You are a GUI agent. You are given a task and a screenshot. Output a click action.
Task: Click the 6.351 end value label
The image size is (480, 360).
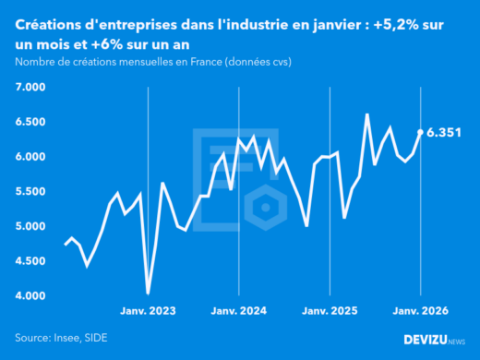[x=444, y=133]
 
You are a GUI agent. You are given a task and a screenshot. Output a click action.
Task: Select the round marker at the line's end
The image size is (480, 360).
[x=421, y=132]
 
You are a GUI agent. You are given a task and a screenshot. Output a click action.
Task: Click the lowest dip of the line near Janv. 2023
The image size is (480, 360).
[x=149, y=293]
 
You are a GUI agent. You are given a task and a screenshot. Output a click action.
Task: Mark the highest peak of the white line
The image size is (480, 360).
[x=367, y=114]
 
